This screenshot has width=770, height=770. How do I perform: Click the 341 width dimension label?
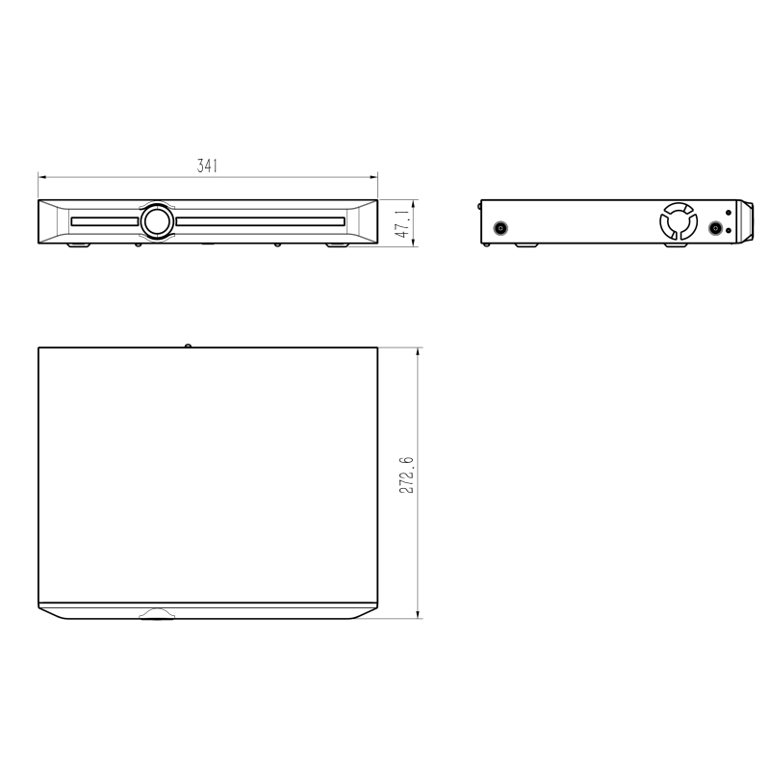pyautogui.click(x=207, y=166)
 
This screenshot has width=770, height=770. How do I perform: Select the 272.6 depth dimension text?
pyautogui.click(x=406, y=475)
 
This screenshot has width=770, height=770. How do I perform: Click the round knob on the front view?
pyautogui.click(x=157, y=222)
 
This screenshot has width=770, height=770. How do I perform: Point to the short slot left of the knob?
pyautogui.click(x=105, y=221)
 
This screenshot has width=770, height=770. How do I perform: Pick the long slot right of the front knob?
pyautogui.click(x=260, y=221)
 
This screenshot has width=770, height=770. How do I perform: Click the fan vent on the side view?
pyautogui.click(x=679, y=221)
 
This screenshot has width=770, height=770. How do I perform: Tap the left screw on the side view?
pyautogui.click(x=500, y=228)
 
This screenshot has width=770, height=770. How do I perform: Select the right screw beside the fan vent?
pyautogui.click(x=715, y=228)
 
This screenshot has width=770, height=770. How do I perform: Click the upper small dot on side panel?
pyautogui.click(x=729, y=213)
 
